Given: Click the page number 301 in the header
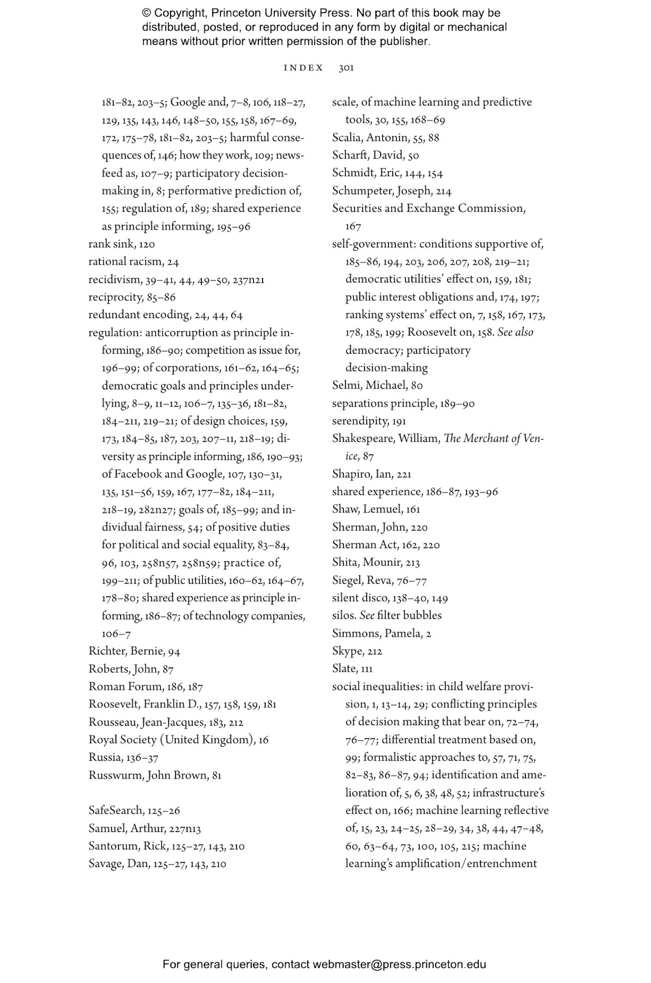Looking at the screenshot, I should coord(346,68).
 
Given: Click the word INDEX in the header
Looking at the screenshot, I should coord(303,68).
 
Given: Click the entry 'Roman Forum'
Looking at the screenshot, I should coord(122,687).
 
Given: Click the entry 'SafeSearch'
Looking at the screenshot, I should coord(116,810).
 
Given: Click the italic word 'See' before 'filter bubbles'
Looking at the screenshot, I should coord(367,615).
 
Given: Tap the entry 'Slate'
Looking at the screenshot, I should coord(345,669).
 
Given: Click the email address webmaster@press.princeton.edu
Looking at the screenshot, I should coord(399,964).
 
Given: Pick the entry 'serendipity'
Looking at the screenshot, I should coord(360,421).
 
